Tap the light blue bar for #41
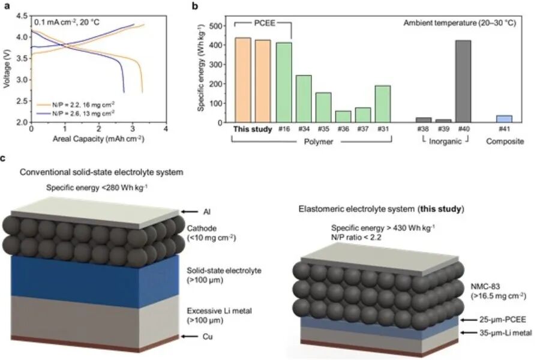pyautogui.click(x=505, y=119)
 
